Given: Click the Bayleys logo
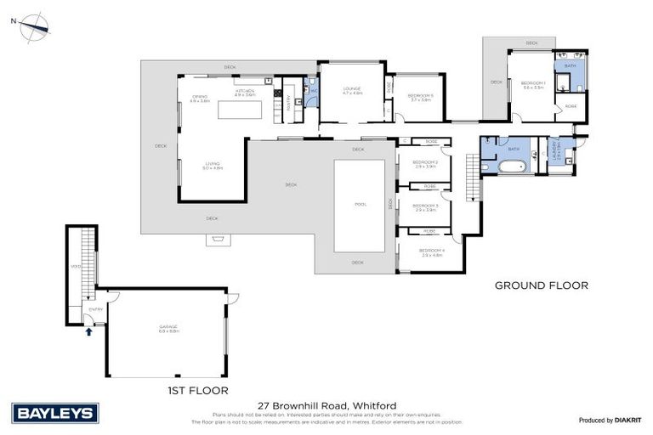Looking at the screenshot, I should click(56, 413).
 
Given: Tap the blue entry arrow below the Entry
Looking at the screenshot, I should click(88, 332).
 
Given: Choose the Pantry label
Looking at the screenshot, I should click(288, 98).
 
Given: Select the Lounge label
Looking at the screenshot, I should click(352, 90).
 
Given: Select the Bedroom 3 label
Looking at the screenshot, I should click(425, 207).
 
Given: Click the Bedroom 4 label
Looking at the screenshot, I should click(431, 252).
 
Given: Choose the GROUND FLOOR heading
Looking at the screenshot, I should click(541, 285).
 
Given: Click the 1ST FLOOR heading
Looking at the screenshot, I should click(199, 391).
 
